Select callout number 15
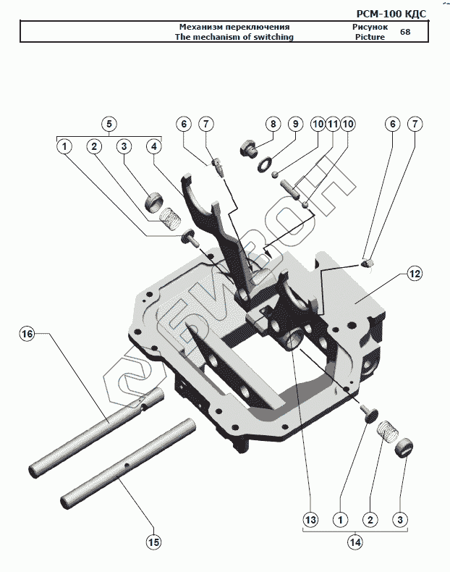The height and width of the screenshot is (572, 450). pyautogui.click(x=154, y=541)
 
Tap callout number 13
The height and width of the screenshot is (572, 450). pyautogui.click(x=310, y=519)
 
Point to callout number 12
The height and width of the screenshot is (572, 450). pyautogui.click(x=414, y=274)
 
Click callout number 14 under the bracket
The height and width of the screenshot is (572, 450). pyautogui.click(x=355, y=541)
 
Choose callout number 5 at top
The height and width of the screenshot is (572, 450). pyautogui.click(x=109, y=124)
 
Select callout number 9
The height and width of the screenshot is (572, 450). pyautogui.click(x=295, y=124)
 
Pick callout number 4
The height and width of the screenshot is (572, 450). pyautogui.click(x=153, y=146)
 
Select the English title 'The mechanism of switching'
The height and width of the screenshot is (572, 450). pyautogui.click(x=234, y=36)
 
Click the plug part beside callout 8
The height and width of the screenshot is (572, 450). pyautogui.click(x=248, y=150)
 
